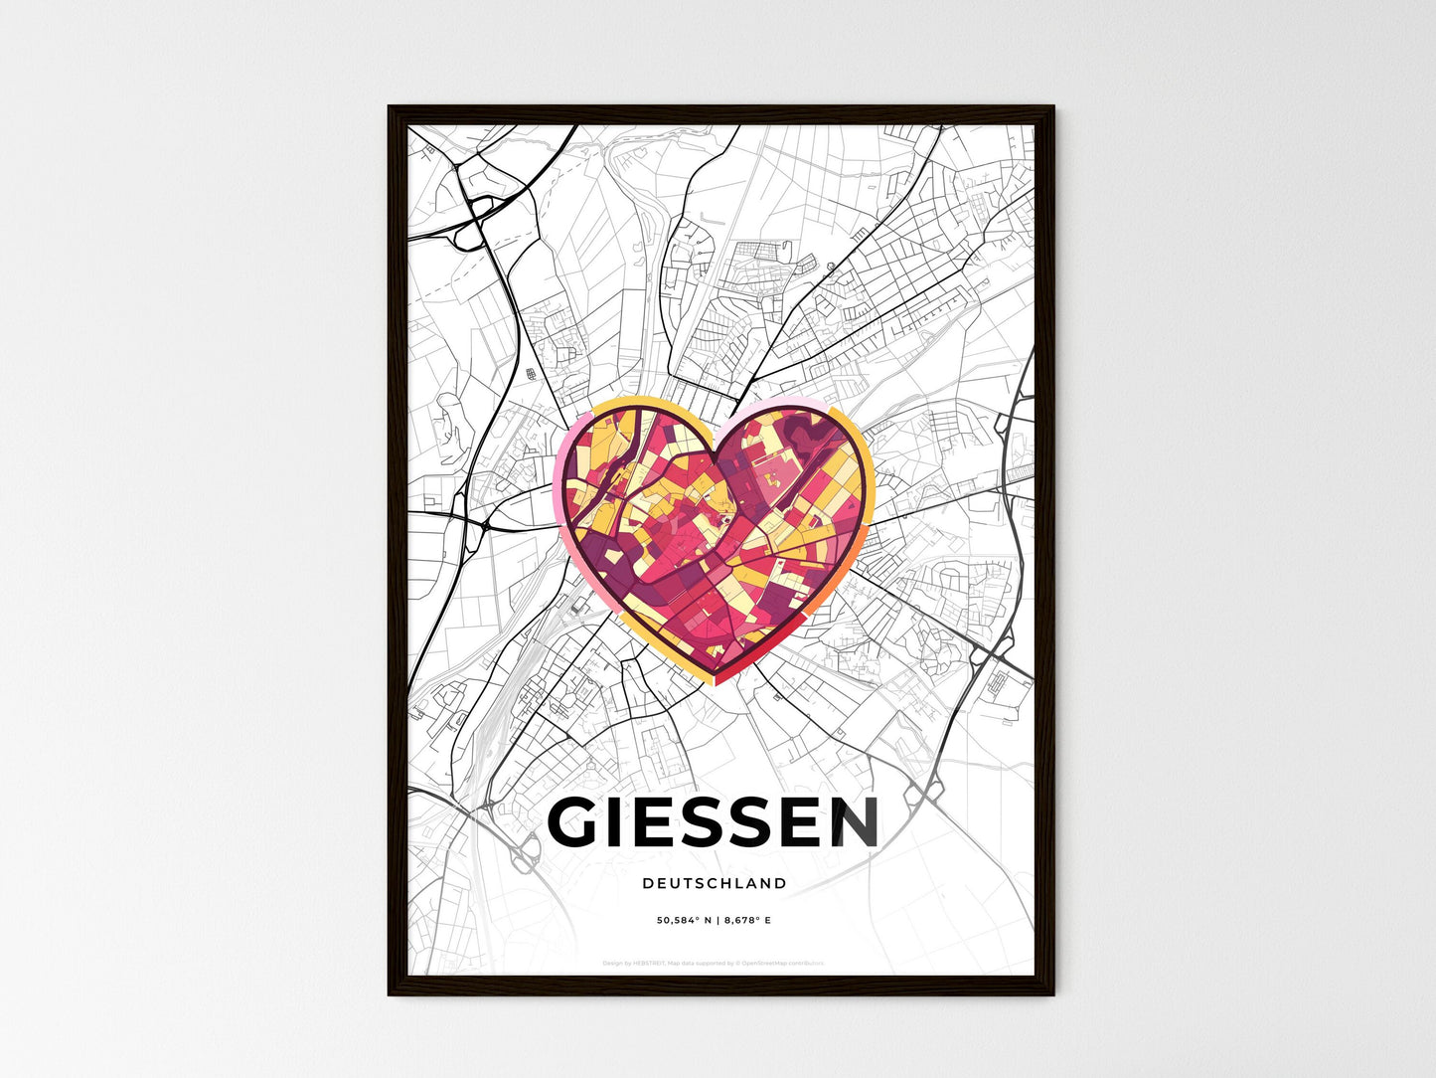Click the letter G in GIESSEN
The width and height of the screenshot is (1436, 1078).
[574, 822]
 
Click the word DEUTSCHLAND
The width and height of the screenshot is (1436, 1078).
[714, 883]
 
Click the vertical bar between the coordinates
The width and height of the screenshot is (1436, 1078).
[716, 921]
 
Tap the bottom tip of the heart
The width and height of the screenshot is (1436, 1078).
[714, 682]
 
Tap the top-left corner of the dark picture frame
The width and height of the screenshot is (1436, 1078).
[390, 107]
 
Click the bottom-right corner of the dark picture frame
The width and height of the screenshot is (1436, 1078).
[1052, 992]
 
